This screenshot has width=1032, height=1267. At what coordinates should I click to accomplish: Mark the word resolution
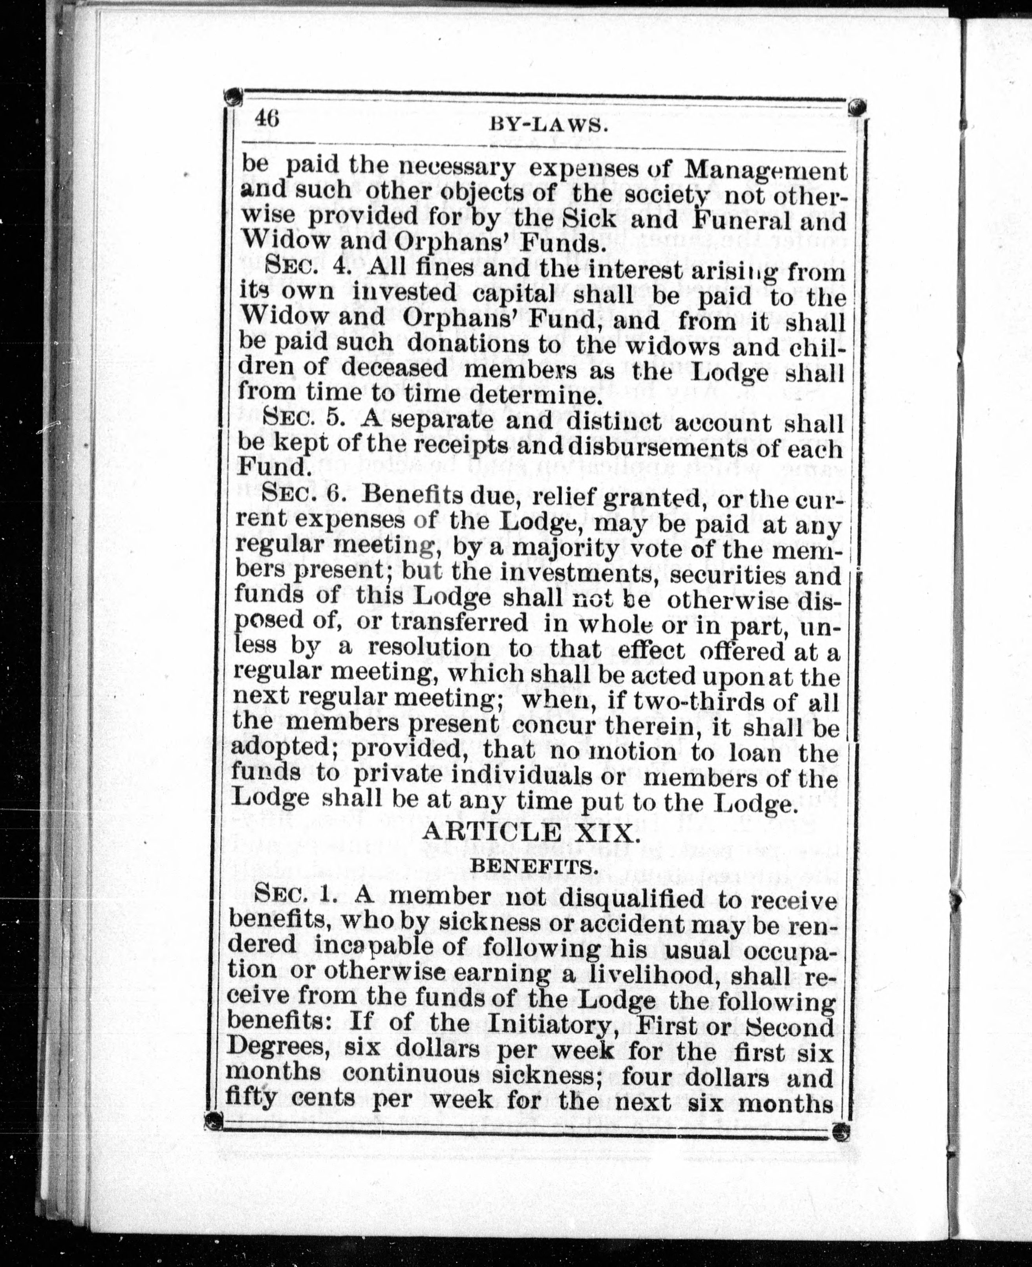pyautogui.click(x=428, y=648)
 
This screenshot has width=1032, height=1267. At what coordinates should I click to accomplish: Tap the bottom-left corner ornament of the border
pyautogui.click(x=213, y=1121)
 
